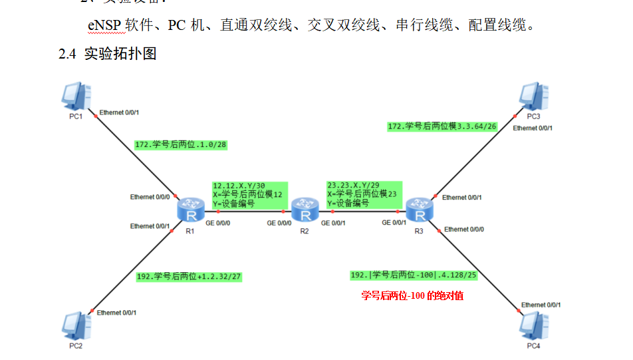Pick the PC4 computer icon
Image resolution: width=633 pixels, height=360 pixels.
535,326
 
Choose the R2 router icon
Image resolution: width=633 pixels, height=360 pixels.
305,211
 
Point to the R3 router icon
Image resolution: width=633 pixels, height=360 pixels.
419,211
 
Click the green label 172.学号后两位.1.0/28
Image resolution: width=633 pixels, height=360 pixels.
181,144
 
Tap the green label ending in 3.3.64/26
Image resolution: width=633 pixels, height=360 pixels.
442,126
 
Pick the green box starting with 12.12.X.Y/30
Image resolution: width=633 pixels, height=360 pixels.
249,194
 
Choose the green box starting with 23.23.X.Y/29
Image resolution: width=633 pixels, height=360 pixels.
364,194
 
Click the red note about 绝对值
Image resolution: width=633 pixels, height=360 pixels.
412,295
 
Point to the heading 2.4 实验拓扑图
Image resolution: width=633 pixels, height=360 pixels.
108,54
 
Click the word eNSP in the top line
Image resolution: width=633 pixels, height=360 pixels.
104,26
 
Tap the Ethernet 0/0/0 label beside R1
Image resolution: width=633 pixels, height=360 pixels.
150,197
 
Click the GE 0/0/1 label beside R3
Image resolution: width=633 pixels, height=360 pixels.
395,223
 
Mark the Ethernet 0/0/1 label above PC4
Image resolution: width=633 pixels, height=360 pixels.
541,305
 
